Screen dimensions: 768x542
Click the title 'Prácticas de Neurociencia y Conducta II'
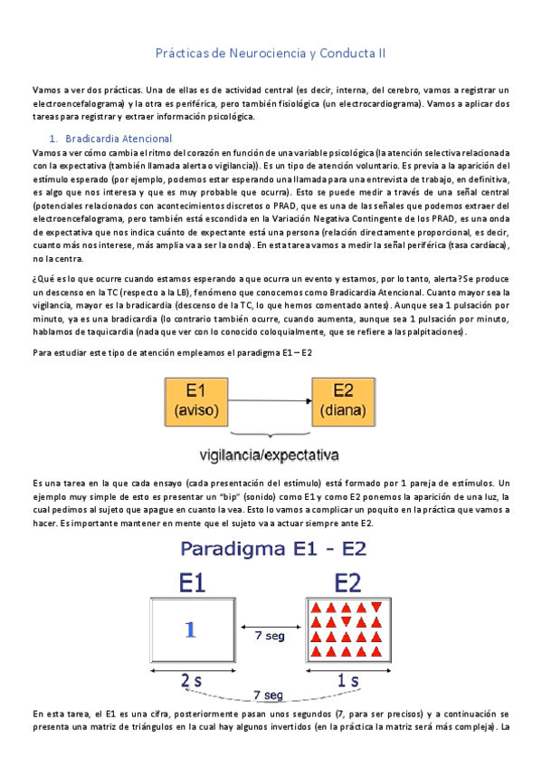tap(271, 53)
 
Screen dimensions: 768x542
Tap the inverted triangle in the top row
tap(362, 607)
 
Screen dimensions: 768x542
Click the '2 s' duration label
tap(190, 678)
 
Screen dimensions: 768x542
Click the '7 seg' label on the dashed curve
tap(268, 695)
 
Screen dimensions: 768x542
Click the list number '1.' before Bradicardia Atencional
tap(53, 139)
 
